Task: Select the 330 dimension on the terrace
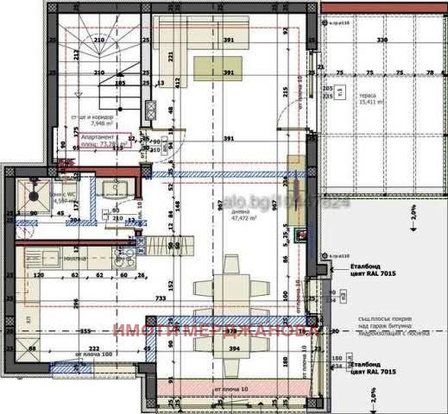[382, 40]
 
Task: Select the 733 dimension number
[161, 297]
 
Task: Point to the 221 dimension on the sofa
[171, 57]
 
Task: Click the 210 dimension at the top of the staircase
[98, 39]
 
